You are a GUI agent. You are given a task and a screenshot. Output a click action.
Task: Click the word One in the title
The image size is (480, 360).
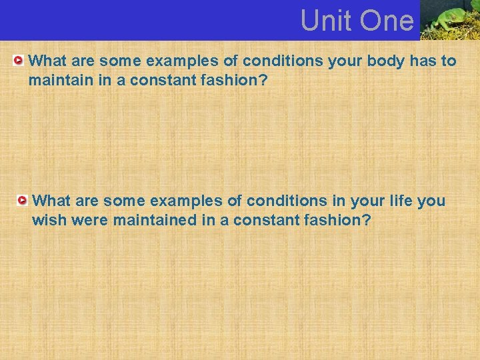point(387,21)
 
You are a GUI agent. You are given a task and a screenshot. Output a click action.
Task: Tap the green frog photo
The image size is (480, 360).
point(450,20)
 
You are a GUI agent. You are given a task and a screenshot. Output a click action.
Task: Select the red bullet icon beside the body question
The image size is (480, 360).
point(19,61)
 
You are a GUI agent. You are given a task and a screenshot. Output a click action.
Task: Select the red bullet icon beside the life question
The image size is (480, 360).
point(23,200)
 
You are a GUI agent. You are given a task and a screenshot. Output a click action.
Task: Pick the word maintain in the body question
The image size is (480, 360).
point(56,81)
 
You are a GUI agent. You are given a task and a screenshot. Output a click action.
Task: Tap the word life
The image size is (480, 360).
point(400,201)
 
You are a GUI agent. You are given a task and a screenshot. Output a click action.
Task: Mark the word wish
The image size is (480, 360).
point(47,220)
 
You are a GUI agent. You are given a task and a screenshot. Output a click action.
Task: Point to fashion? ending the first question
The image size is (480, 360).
point(238,81)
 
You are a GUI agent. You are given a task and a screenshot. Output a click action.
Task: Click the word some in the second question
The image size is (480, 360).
point(124,201)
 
